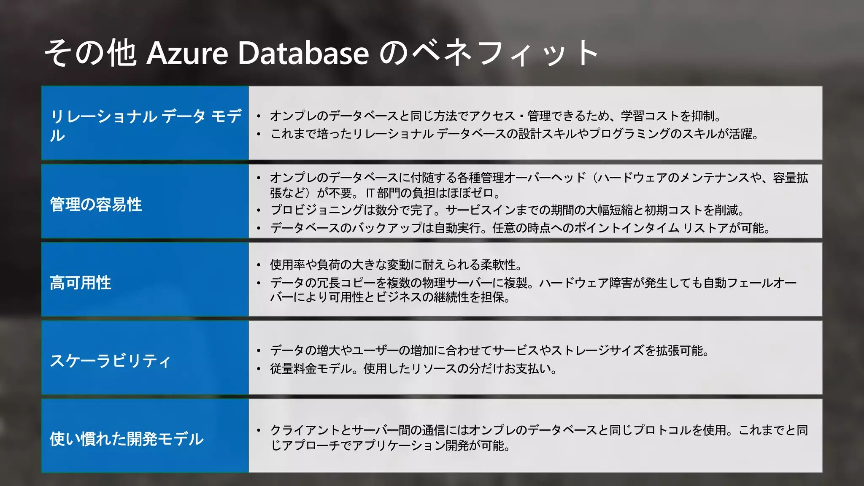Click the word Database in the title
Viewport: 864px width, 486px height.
click(x=303, y=53)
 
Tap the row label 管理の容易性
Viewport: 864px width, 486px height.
click(x=96, y=205)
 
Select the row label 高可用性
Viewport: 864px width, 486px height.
click(x=80, y=283)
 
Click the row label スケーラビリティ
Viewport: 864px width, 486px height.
click(x=110, y=361)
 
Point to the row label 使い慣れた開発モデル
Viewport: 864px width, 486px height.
click(x=126, y=439)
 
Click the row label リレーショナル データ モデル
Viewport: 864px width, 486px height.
click(x=146, y=125)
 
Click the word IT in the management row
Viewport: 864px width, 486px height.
click(x=370, y=193)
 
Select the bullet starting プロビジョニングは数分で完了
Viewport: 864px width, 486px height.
click(x=506, y=210)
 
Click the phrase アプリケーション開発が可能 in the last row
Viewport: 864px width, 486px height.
click(x=430, y=445)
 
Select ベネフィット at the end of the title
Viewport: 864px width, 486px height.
click(x=504, y=53)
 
